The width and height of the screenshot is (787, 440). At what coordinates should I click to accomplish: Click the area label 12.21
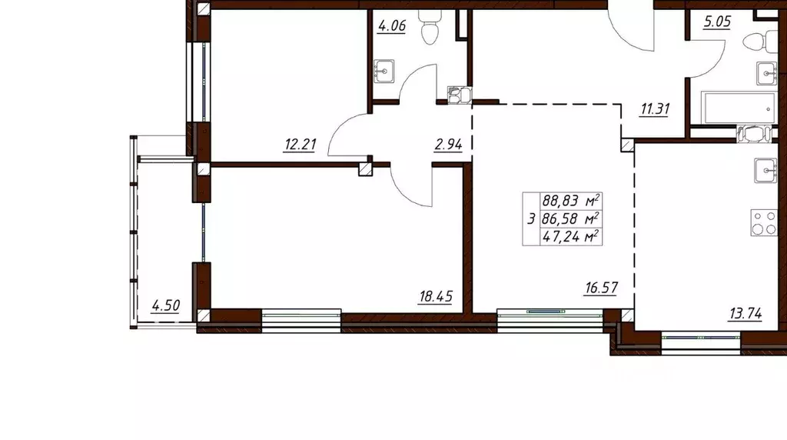click(x=301, y=145)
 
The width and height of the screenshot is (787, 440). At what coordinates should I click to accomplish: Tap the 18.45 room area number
click(x=436, y=296)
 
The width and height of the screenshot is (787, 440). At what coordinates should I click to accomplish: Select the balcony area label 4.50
click(x=166, y=305)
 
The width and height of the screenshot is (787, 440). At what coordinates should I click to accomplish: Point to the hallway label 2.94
click(x=448, y=145)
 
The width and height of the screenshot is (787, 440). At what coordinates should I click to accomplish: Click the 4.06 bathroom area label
click(x=391, y=25)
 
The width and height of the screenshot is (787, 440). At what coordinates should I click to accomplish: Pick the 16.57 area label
click(x=601, y=288)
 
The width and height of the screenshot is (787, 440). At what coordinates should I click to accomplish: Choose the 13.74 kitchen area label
click(x=745, y=314)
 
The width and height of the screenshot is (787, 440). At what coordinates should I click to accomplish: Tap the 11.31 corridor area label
click(x=655, y=108)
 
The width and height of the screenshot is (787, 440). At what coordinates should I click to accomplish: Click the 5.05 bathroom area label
click(x=717, y=22)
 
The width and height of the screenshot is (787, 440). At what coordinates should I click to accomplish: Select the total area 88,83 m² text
click(x=571, y=201)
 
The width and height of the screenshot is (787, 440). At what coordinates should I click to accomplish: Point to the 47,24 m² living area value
click(x=571, y=236)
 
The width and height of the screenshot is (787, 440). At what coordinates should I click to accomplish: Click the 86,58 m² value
click(x=571, y=218)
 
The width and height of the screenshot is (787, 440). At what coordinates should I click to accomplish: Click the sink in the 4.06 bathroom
click(x=384, y=72)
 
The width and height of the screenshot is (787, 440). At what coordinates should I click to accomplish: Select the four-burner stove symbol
click(x=764, y=222)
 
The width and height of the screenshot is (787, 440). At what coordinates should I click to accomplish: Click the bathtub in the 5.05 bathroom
click(x=738, y=108)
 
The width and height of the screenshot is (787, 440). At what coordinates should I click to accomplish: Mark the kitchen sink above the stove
click(x=766, y=170)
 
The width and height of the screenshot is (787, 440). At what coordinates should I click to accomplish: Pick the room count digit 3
click(x=531, y=219)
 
